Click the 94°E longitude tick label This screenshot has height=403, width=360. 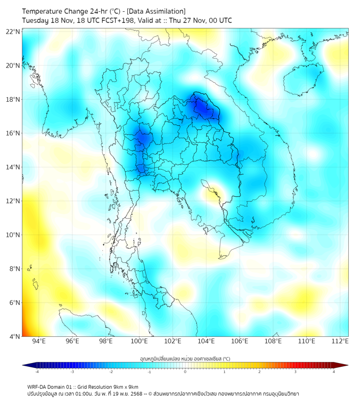pos(39,342)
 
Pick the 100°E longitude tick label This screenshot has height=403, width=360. pos(140,342)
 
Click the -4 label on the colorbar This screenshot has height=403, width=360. pos(37,372)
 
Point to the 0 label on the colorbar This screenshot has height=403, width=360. pos(185,372)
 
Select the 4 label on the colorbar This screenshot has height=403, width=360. pos(334,372)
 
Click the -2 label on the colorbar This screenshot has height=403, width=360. pos(111,372)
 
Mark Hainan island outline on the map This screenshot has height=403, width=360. pos(300,80)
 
